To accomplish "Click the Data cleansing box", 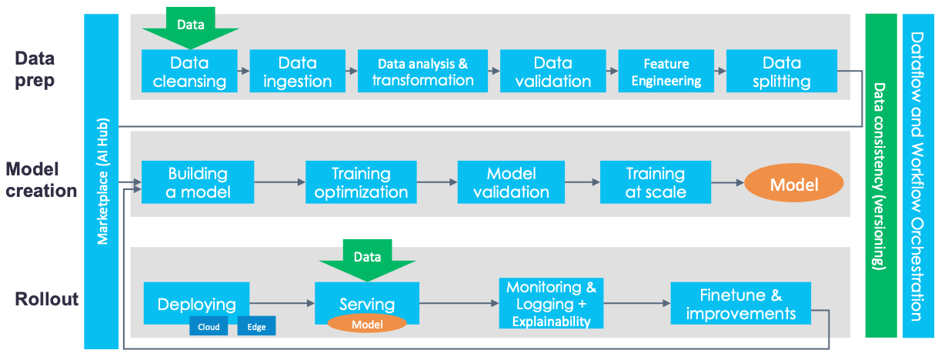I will (x=189, y=72).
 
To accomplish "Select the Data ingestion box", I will (x=298, y=72).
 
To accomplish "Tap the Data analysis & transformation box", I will (x=422, y=72).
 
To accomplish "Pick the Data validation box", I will (x=552, y=72).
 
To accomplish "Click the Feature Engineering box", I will (x=666, y=72).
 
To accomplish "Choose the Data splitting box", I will (x=781, y=72).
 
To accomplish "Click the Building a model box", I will (x=198, y=182).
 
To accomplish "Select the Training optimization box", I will (x=361, y=182).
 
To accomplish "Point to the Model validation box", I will (x=512, y=182).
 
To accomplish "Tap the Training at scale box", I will (x=655, y=182).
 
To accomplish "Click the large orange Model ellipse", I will (x=793, y=185).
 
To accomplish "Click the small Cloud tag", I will (x=209, y=327).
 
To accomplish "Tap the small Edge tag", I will (x=256, y=327).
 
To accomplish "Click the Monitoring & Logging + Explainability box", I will (x=551, y=304).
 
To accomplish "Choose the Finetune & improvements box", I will (x=740, y=304).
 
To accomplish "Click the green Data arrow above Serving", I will (x=367, y=258).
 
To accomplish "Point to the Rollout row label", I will (x=47, y=299).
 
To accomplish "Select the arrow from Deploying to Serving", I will (x=282, y=304).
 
